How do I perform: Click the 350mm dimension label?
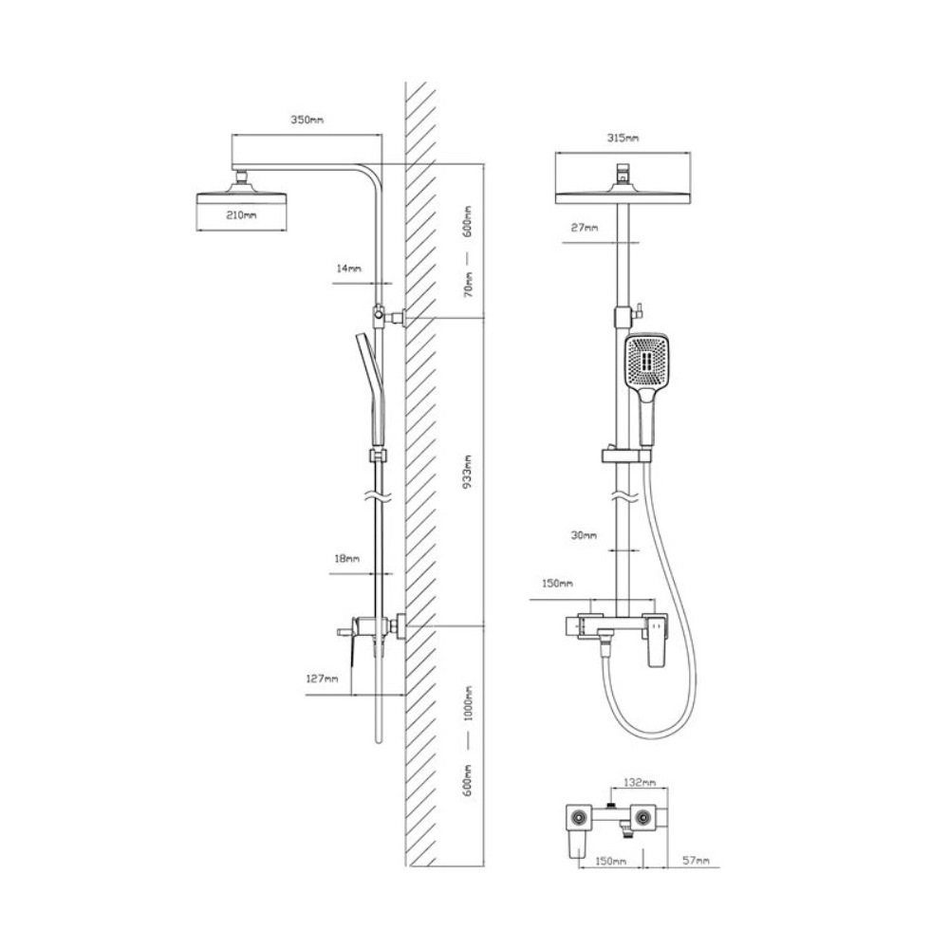(307, 120)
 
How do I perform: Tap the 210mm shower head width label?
(241, 214)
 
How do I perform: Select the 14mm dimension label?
(349, 269)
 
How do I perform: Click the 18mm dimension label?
(347, 558)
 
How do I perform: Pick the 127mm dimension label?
(322, 679)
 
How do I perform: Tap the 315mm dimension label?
(623, 138)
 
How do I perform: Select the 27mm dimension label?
(585, 228)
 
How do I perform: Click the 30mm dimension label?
(584, 535)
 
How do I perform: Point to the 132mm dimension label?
(640, 783)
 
